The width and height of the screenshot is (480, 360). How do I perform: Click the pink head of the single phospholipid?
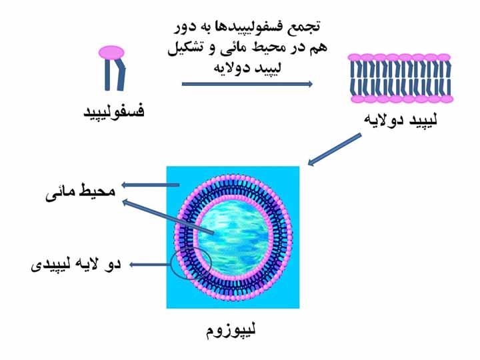click(111, 51)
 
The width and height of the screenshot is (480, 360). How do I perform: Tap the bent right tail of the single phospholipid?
click(121, 75)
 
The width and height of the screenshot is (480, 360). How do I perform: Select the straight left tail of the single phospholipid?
click(107, 75)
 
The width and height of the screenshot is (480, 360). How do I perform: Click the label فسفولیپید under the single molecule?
click(113, 111)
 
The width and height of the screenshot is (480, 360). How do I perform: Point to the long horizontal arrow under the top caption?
click(247, 84)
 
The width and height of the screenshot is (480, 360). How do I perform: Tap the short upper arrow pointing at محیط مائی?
click(151, 185)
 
